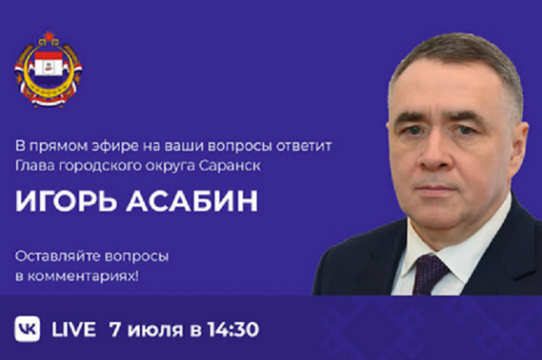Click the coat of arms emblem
(48, 69)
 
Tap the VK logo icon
(27, 329)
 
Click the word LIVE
(74, 329)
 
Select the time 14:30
(234, 329)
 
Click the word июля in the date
(155, 330)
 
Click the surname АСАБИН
(192, 201)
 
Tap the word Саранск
(230, 166)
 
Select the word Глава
(35, 166)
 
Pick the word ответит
(304, 147)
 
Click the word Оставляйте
(58, 257)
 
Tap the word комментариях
(83, 276)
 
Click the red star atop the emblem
(49, 36)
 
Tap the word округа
(170, 167)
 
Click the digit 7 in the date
(115, 329)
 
